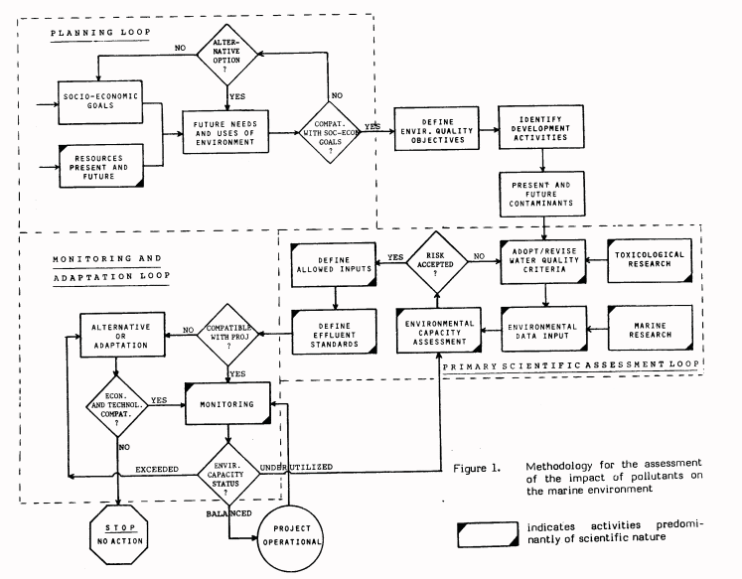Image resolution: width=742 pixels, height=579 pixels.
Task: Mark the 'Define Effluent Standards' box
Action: (334, 331)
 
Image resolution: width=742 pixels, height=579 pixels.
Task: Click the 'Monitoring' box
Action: (229, 404)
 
